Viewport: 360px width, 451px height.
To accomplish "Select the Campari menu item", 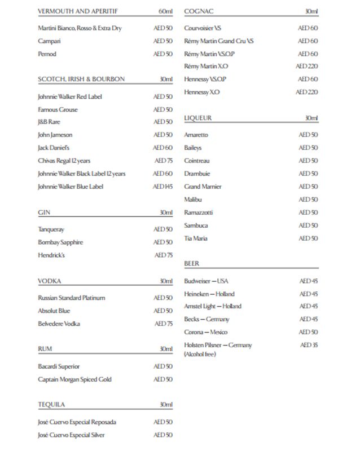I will click(49, 41).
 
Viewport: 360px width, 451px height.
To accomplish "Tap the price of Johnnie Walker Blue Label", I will click(163, 187).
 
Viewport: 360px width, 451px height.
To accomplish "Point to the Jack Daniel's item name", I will click(53, 148).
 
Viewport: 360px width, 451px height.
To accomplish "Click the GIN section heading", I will click(44, 213).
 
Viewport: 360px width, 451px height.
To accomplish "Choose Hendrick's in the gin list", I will click(51, 255).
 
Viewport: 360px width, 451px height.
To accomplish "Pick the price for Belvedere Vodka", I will click(163, 324).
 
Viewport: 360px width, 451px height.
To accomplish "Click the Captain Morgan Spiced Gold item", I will click(74, 379).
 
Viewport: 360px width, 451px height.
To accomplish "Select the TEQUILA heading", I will click(51, 405).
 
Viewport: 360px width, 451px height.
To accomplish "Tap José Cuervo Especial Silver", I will click(71, 435).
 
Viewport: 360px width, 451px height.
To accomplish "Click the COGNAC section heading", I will click(199, 11).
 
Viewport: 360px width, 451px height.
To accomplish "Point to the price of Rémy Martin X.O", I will click(307, 67).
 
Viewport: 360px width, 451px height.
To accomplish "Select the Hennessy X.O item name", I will click(201, 92).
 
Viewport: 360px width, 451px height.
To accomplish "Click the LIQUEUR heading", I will click(197, 118).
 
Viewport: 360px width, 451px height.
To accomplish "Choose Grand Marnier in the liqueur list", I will click(203, 187).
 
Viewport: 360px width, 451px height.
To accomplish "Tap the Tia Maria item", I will click(196, 238).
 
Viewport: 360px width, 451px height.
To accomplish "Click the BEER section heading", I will click(191, 263).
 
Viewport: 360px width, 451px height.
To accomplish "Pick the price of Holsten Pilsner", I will click(309, 345).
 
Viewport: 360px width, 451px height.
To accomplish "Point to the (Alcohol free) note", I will click(200, 354).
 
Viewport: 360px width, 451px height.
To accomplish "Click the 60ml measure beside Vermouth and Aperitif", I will click(165, 11).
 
